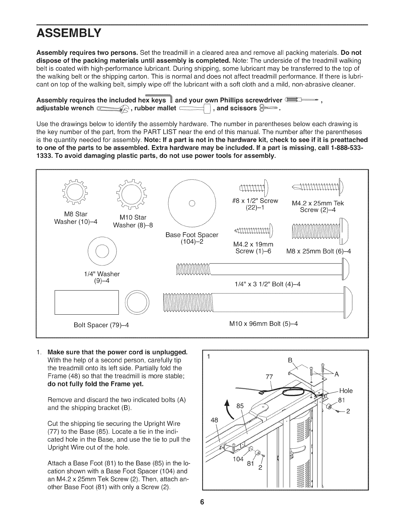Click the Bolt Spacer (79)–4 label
(x=101, y=325)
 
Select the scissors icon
(x=269, y=108)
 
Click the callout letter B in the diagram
(x=290, y=360)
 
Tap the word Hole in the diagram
(x=346, y=391)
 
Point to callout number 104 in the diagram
(x=237, y=459)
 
